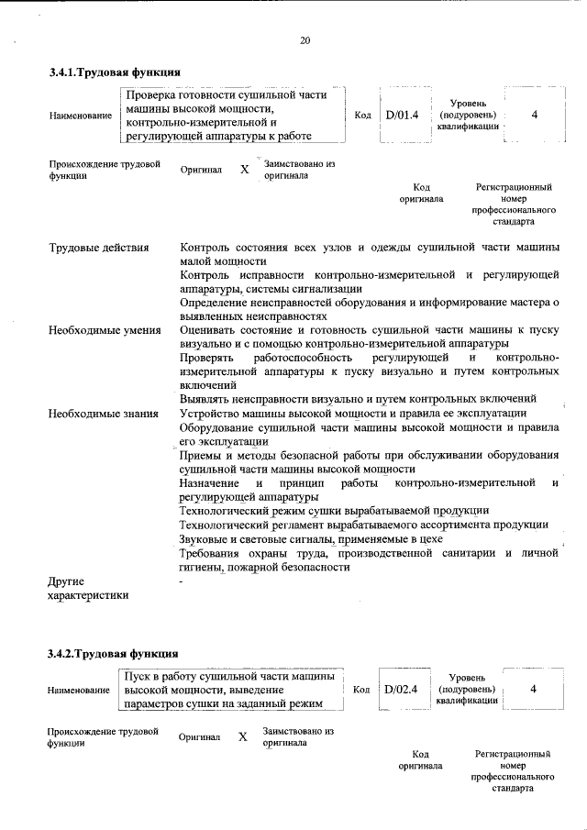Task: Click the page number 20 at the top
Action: (x=305, y=39)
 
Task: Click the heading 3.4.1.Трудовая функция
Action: (x=114, y=72)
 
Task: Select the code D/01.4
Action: (x=402, y=116)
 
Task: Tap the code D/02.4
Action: (x=402, y=689)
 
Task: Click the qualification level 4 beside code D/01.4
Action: (x=534, y=116)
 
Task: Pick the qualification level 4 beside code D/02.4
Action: (x=534, y=689)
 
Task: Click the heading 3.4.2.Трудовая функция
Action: (x=114, y=654)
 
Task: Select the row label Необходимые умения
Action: (x=105, y=330)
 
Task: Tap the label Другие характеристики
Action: (x=88, y=588)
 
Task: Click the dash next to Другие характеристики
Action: (x=182, y=581)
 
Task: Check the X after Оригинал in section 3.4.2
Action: (x=243, y=737)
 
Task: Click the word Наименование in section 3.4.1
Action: (x=81, y=116)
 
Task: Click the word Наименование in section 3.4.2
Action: (x=81, y=690)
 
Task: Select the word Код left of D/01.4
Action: (x=361, y=116)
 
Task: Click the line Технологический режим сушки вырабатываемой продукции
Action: (x=334, y=510)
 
